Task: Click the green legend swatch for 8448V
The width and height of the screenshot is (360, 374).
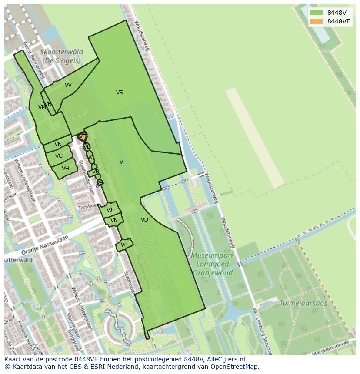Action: (x=316, y=13)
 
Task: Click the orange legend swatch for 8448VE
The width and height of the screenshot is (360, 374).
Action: (x=316, y=21)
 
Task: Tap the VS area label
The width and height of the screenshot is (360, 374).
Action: (x=120, y=93)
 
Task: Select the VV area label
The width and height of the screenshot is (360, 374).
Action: (x=68, y=85)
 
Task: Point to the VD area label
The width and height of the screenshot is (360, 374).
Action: (x=144, y=220)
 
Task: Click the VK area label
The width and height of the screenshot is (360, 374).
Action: (x=58, y=144)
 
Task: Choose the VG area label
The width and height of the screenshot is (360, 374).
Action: (x=59, y=156)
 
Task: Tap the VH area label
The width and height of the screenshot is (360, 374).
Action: (x=65, y=169)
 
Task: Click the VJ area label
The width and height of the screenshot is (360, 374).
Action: (x=109, y=210)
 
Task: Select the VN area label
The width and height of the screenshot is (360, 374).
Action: (x=114, y=220)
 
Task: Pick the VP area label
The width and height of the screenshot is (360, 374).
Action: (x=124, y=245)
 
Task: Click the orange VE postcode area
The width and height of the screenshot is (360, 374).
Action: (x=82, y=137)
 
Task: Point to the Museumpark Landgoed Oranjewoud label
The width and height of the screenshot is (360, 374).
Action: (x=213, y=264)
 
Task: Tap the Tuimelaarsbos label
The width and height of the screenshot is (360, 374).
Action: (x=303, y=303)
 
